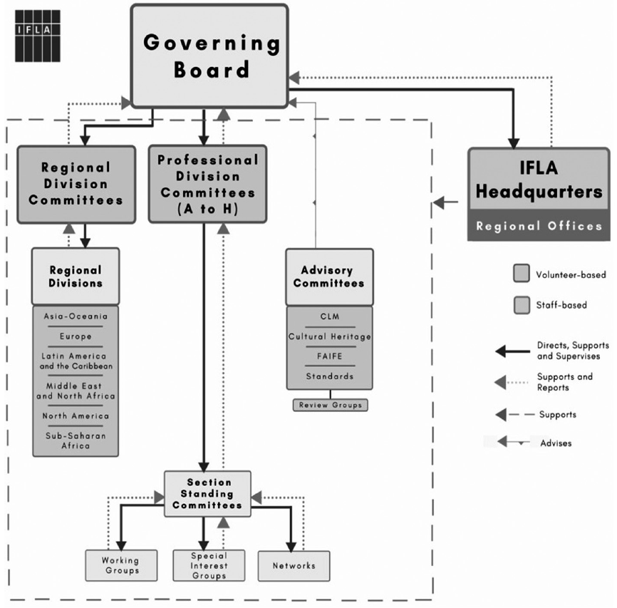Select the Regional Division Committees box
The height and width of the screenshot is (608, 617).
pos(76,184)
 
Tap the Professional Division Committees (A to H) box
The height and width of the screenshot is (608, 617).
pos(207,184)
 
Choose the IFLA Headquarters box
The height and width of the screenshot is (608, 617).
pos(539,181)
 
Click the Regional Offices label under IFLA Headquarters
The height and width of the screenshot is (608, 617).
pos(539,226)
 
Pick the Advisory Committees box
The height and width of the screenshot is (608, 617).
pos(329,277)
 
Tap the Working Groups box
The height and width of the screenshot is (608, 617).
pos(120,565)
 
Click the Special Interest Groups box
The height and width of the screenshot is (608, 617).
pos(209,565)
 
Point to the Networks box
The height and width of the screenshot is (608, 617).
pos(294,565)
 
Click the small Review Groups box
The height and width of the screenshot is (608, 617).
pos(330,405)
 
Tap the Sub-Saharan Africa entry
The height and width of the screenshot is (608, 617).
pos(76,440)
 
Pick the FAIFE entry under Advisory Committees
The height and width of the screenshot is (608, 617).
pos(330,356)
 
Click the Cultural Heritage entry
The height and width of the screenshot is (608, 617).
pos(330,336)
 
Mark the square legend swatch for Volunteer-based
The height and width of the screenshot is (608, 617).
pos(521,274)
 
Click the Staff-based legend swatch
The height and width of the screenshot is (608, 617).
pos(521,305)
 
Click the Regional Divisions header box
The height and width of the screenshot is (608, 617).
pos(76,277)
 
